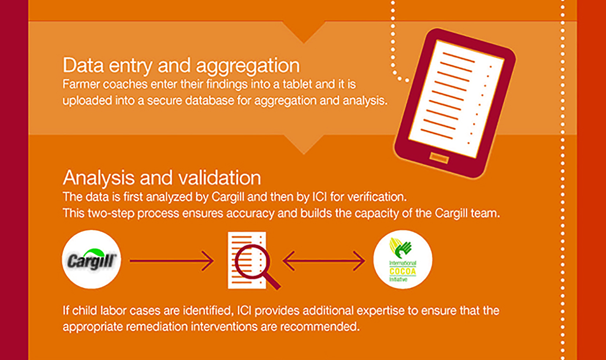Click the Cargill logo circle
coord(92,259)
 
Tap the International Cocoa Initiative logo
coord(403,259)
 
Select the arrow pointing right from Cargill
coord(172,261)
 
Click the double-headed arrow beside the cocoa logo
coord(324,261)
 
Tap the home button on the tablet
coord(439,157)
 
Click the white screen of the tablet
coord(456,99)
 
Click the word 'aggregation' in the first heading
coord(248,66)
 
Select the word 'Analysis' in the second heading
coord(99,178)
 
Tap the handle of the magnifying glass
coord(272,281)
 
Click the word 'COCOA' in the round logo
coord(403,271)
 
